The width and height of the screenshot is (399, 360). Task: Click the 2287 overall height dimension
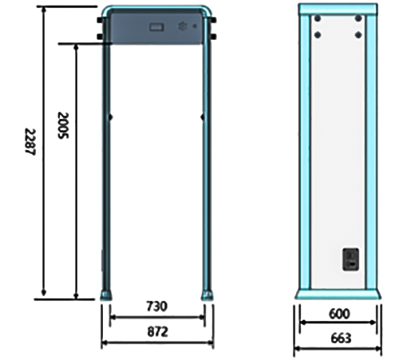tap(30, 142)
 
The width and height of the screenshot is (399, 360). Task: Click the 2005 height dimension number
tap(63, 125)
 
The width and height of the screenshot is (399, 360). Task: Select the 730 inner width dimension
tap(157, 307)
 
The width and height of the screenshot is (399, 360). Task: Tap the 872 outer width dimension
tap(158, 332)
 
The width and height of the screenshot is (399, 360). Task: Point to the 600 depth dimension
tap(339, 314)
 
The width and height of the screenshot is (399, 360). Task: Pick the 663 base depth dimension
tap(341, 338)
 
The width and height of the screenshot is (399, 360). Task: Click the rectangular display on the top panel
tap(156, 27)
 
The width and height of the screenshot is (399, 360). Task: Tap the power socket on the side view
tap(350, 259)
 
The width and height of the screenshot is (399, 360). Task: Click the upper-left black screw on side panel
tap(318, 18)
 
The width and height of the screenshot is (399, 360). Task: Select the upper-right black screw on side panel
tap(358, 18)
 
